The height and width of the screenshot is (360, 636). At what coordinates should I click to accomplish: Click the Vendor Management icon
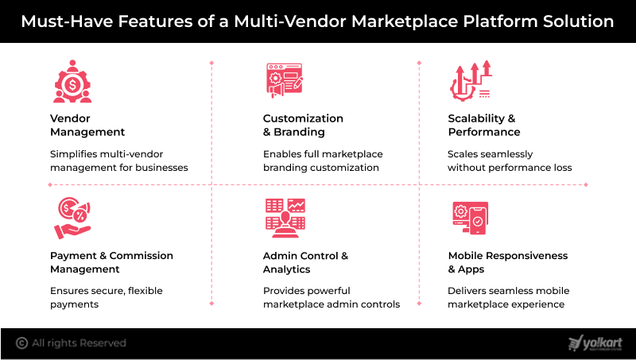click(x=72, y=81)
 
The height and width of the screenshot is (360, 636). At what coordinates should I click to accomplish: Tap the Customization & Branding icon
click(x=285, y=81)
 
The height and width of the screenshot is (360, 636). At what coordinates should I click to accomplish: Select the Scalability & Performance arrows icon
click(x=470, y=81)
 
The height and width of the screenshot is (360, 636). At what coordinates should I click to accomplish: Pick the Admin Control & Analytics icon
click(x=285, y=218)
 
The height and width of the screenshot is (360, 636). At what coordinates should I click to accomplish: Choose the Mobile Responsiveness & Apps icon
click(x=470, y=218)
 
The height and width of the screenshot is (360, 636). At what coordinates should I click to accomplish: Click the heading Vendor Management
click(x=87, y=125)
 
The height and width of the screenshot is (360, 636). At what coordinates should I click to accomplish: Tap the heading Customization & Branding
click(x=303, y=125)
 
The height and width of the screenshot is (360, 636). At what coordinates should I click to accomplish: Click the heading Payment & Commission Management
click(x=111, y=262)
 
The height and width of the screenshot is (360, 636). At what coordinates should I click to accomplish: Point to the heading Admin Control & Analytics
click(x=305, y=262)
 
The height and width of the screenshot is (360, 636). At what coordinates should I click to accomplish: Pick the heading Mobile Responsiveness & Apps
click(x=508, y=262)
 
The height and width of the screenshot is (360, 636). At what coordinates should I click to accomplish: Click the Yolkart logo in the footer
click(x=595, y=343)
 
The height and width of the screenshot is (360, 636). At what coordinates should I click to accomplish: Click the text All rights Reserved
click(x=79, y=343)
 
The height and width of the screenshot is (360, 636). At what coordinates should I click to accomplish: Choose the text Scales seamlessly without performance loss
click(x=510, y=161)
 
